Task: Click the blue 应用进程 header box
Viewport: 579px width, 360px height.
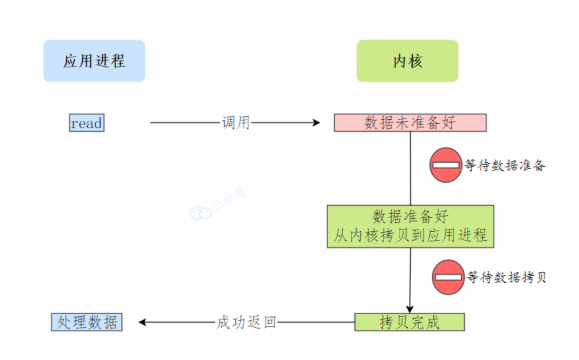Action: click(x=94, y=60)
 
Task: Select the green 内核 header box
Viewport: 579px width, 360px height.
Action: click(x=407, y=60)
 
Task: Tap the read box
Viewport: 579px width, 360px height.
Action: click(x=87, y=123)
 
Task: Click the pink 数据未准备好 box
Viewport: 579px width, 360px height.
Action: click(x=410, y=123)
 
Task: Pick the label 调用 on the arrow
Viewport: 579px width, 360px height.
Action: click(x=235, y=123)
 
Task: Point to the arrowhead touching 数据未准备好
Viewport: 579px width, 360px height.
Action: click(x=316, y=123)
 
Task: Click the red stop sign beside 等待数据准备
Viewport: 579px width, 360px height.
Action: click(x=446, y=165)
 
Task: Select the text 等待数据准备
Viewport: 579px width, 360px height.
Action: click(x=505, y=166)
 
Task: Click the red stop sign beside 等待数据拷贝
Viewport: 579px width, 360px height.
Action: click(x=448, y=277)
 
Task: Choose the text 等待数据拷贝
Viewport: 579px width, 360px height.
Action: click(x=507, y=277)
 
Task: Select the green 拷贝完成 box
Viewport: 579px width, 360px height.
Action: click(x=409, y=322)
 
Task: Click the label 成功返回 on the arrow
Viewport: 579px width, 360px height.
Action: click(x=247, y=323)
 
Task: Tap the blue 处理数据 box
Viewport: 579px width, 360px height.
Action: click(x=87, y=322)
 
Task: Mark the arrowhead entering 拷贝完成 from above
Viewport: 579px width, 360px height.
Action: click(x=410, y=309)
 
